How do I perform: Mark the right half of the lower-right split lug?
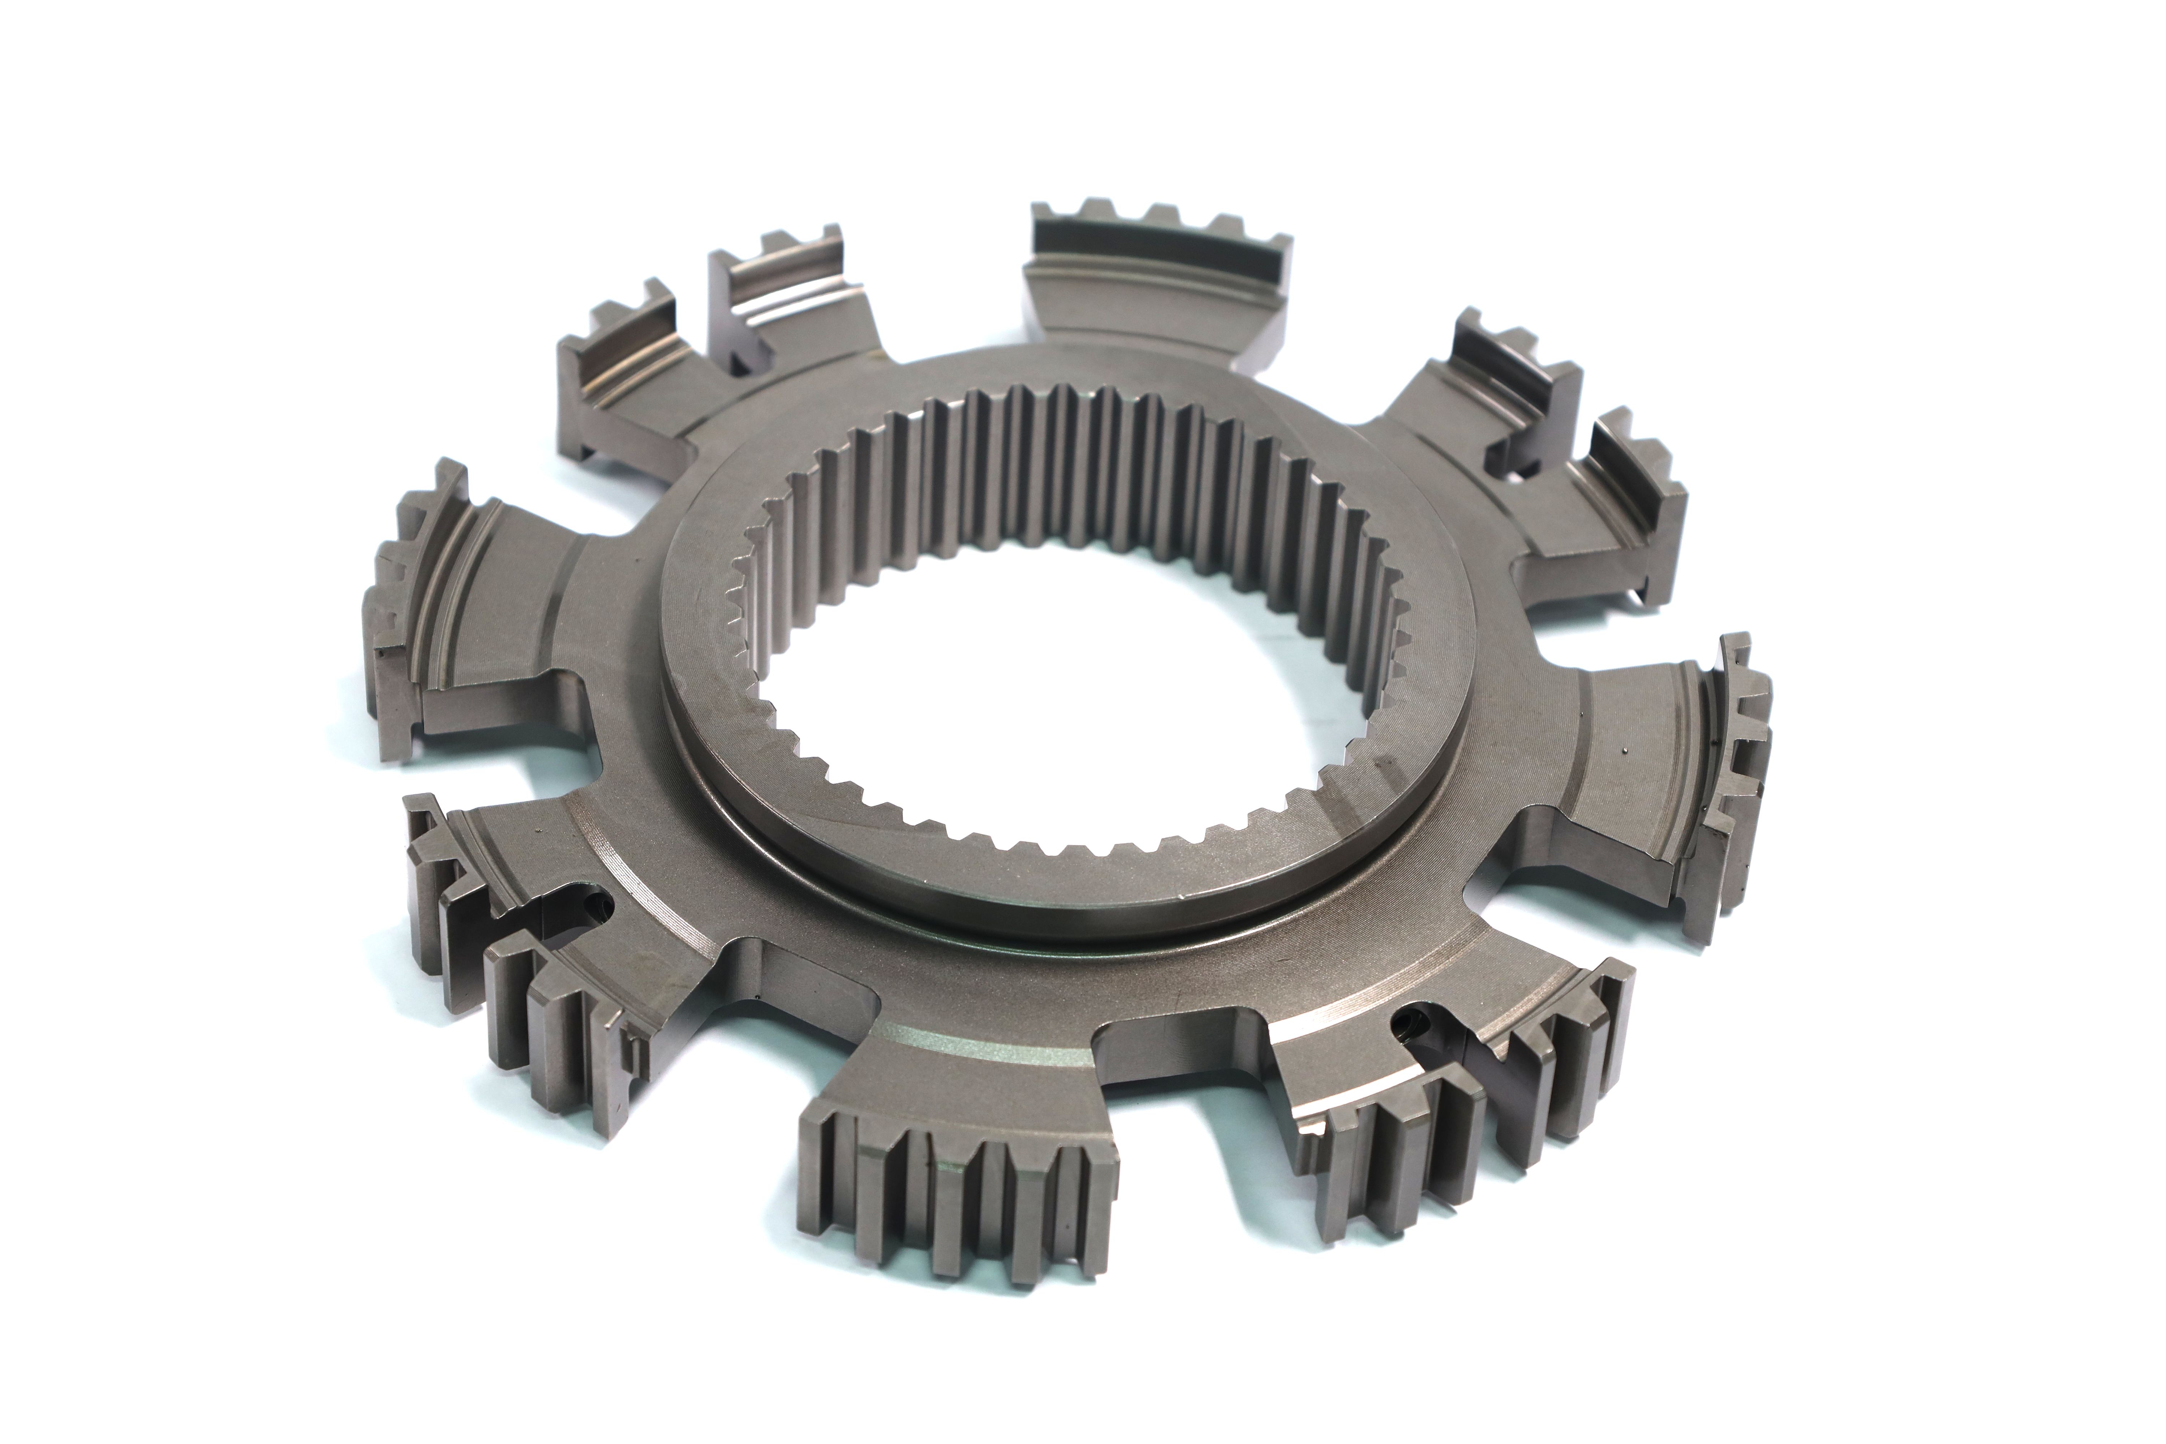1547,1059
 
